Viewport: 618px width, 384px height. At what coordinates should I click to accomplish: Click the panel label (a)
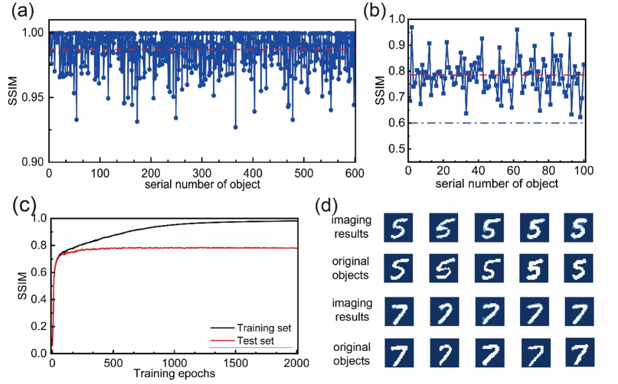point(22,11)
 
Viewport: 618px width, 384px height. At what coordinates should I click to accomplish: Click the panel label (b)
point(374,11)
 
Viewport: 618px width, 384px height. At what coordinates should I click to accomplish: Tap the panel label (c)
point(25,205)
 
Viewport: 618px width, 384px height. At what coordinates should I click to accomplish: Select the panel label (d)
point(327,205)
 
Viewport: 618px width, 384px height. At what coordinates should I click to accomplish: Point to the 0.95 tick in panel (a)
point(33,97)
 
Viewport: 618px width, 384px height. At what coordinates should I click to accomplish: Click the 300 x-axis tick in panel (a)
point(202,173)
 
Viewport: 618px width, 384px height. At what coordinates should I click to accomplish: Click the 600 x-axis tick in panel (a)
point(355,173)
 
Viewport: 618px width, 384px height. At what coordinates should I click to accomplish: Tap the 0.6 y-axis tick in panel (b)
point(397,123)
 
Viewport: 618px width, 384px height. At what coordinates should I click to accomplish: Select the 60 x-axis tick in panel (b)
point(513,171)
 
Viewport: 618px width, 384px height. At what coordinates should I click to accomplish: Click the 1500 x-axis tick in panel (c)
point(236,363)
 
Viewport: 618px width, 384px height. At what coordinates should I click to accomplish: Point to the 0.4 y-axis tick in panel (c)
point(39,299)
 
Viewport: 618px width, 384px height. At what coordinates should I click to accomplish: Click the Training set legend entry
point(251,327)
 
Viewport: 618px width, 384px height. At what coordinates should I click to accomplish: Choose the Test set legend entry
point(242,341)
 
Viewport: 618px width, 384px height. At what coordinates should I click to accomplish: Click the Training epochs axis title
point(174,373)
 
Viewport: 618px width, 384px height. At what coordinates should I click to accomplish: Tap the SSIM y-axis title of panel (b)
point(380,90)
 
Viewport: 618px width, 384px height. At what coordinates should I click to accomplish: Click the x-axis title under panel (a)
point(202,184)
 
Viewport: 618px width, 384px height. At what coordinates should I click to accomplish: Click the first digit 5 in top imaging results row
point(398,228)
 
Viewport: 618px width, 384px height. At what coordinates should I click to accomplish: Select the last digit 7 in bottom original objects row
point(580,352)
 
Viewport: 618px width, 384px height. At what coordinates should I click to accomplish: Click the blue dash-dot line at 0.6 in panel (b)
point(497,123)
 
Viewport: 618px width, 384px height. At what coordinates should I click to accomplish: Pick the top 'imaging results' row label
point(351,227)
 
